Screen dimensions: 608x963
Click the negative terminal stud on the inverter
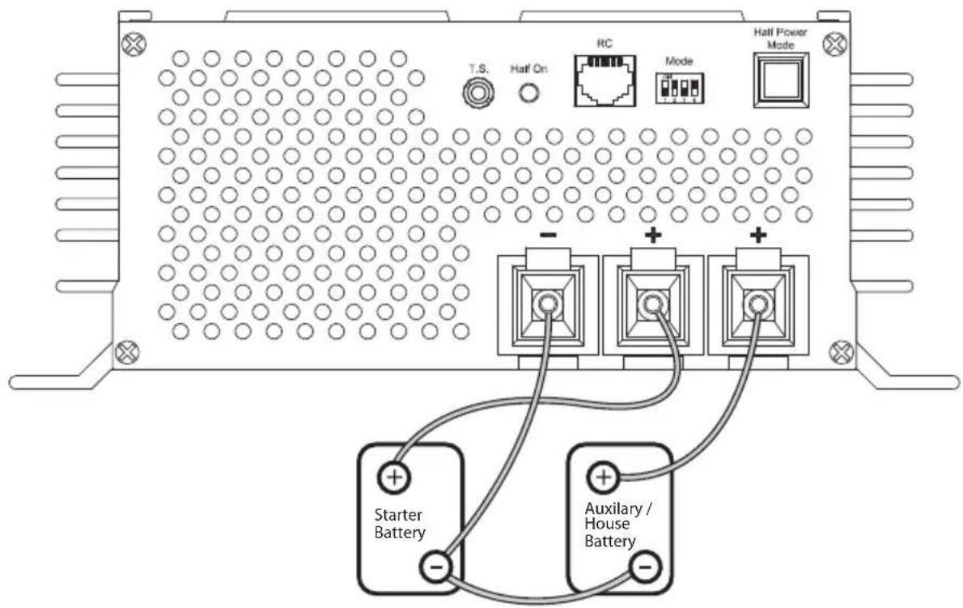(548, 304)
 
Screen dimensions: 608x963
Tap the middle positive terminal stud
(652, 304)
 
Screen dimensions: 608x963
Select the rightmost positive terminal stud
(757, 304)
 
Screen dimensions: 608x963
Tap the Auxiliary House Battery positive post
(602, 477)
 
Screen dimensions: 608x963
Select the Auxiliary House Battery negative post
(644, 567)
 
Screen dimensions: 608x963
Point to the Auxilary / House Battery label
(613, 525)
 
